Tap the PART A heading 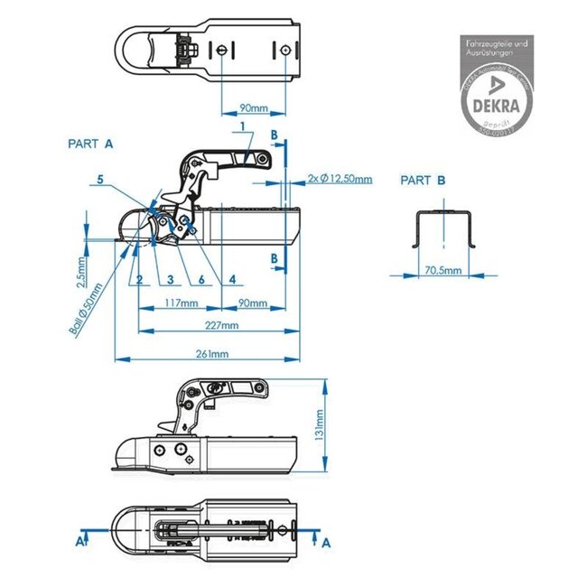[90, 144]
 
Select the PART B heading [423, 181]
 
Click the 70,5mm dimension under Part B [443, 270]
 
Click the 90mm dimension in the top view [254, 108]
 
